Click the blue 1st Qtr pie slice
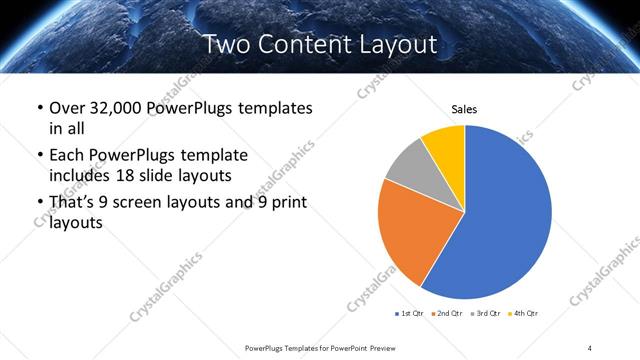[x=505, y=220]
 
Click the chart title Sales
[x=464, y=109]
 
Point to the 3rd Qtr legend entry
[x=486, y=314]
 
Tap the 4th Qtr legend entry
[x=524, y=314]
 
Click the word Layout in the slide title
[x=397, y=45]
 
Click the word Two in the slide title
[x=225, y=45]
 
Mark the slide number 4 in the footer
[x=590, y=347]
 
